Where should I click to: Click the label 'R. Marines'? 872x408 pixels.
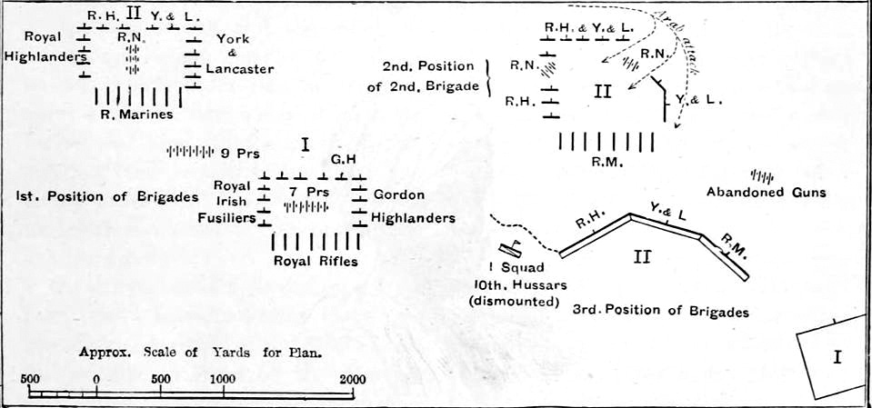click(137, 115)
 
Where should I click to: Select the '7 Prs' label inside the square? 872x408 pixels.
click(306, 192)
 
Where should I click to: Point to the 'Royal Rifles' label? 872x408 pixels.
click(316, 261)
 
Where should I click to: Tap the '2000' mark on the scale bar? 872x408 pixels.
click(353, 380)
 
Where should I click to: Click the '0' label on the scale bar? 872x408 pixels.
click(96, 380)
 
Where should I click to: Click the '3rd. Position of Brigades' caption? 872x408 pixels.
click(661, 312)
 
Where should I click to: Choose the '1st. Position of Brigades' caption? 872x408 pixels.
click(107, 197)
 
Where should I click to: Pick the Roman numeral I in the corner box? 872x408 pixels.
click(837, 356)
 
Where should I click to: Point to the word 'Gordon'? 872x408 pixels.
click(399, 195)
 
